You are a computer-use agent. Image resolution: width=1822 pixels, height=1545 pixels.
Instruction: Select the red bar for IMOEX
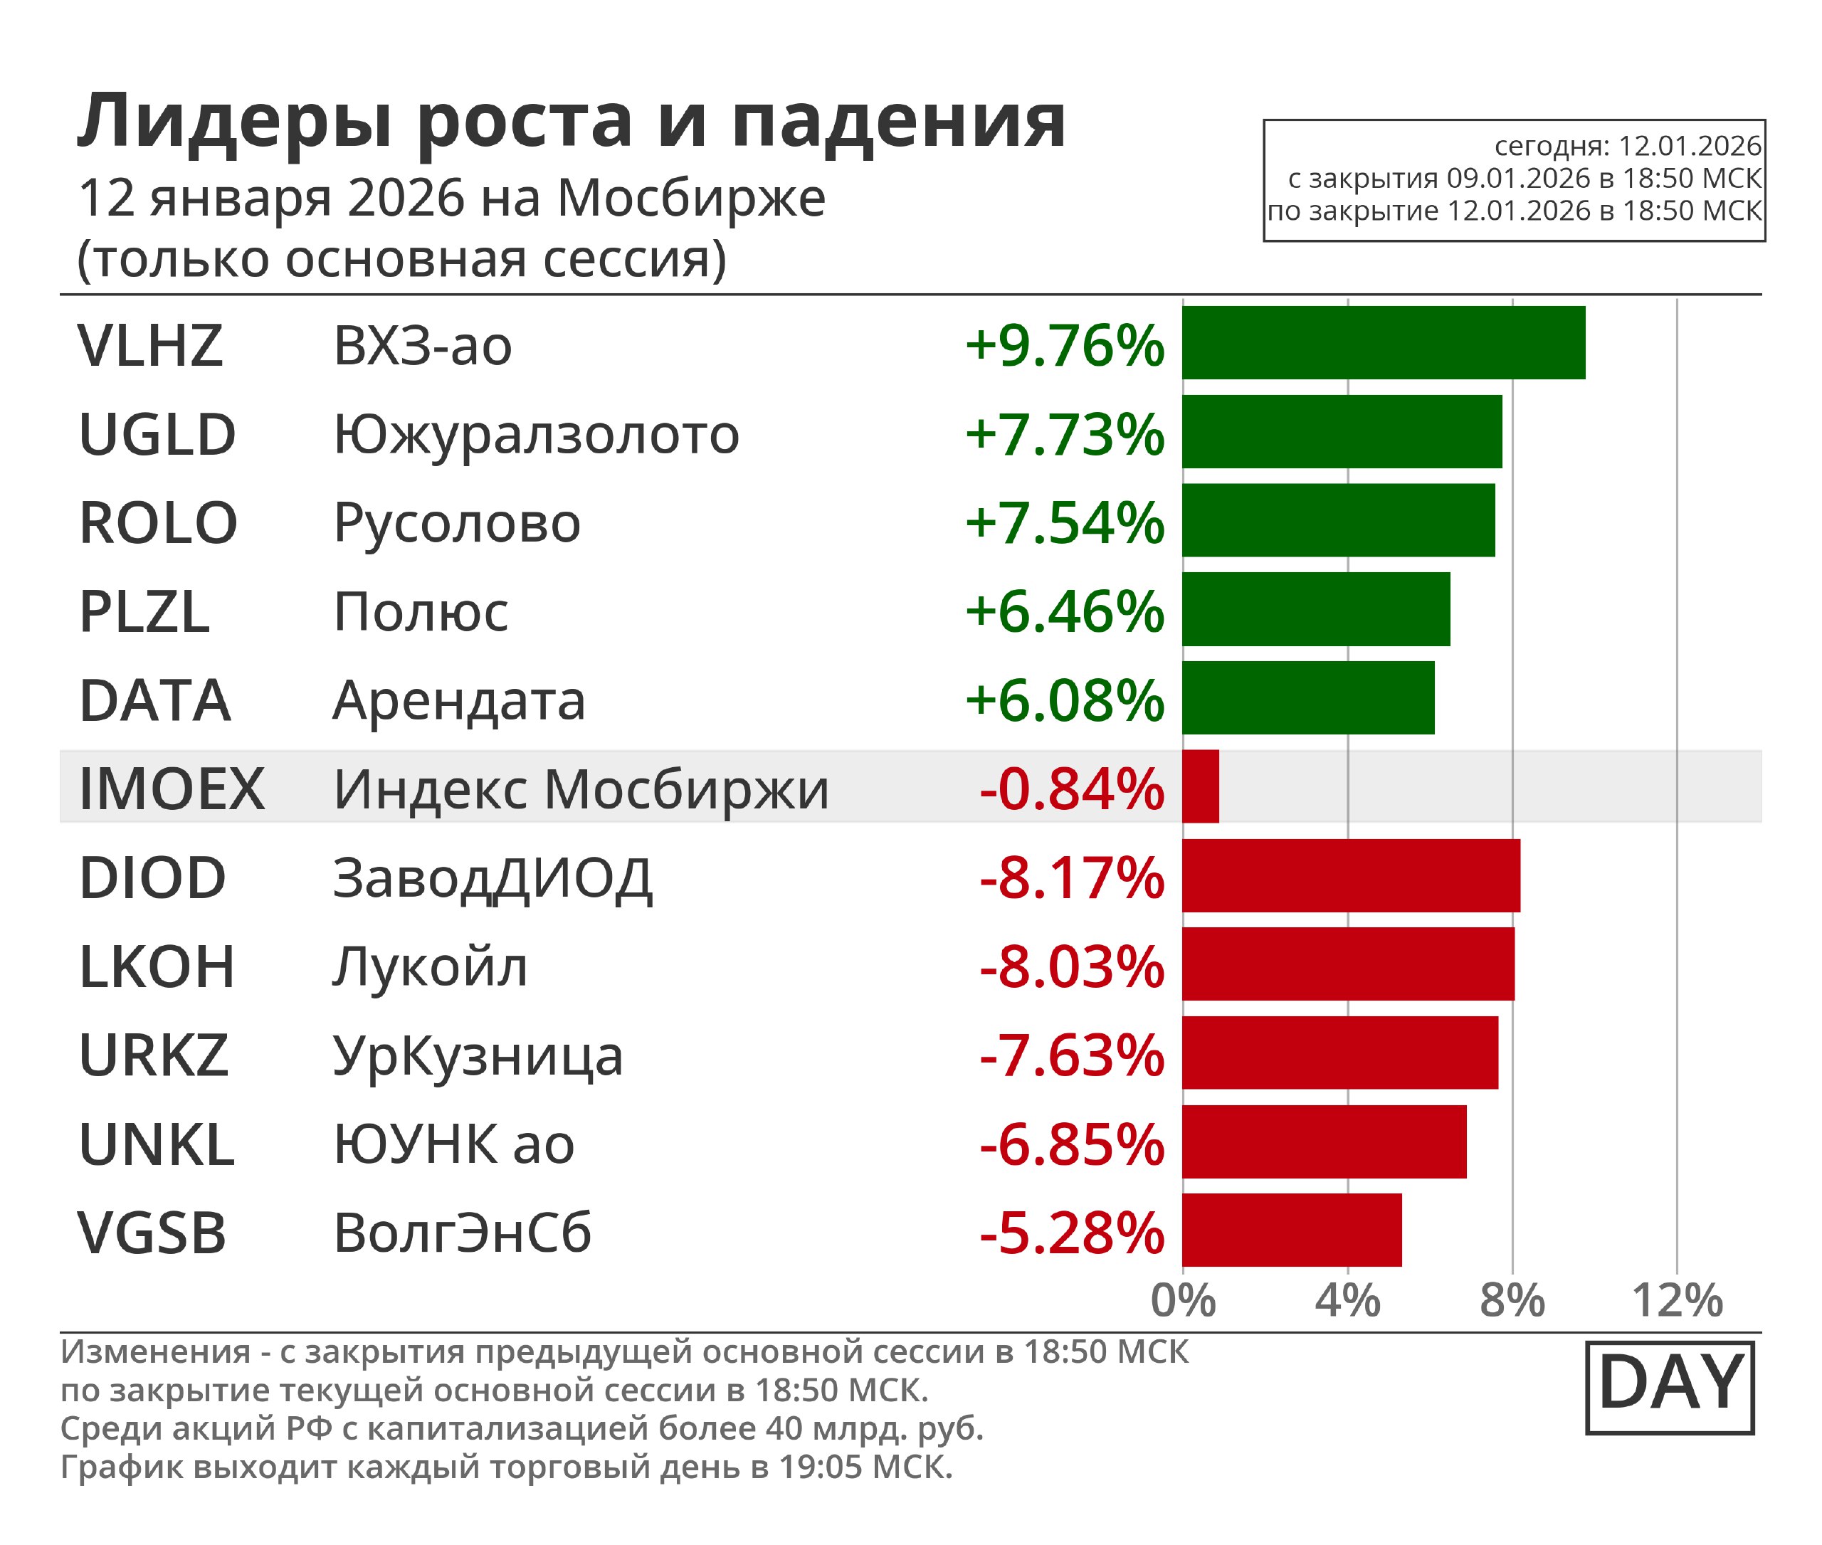pyautogui.click(x=1200, y=786)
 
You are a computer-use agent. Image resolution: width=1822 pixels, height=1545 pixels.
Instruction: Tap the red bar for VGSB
pyautogui.click(x=1291, y=1230)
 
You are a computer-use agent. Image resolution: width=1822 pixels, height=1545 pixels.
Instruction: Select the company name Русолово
pyautogui.click(x=456, y=524)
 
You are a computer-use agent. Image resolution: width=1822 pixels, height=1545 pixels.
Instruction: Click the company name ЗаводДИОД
pyautogui.click(x=493, y=878)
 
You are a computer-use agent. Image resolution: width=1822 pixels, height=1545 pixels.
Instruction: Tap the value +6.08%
pyautogui.click(x=1064, y=701)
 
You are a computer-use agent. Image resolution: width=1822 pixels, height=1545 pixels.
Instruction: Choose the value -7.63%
pyautogui.click(x=1071, y=1055)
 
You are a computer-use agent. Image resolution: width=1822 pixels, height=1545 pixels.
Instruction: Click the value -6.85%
pyautogui.click(x=1071, y=1145)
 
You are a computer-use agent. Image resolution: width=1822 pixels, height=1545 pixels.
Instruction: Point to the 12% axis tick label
pyautogui.click(x=1677, y=1301)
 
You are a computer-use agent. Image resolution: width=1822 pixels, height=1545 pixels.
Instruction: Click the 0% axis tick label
pyautogui.click(x=1183, y=1301)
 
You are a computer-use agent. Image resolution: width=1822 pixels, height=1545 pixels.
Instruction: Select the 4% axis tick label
pyautogui.click(x=1347, y=1301)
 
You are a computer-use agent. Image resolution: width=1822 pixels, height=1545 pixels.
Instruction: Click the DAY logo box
pyautogui.click(x=1670, y=1386)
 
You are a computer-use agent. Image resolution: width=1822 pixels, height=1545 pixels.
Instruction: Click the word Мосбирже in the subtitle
pyautogui.click(x=690, y=198)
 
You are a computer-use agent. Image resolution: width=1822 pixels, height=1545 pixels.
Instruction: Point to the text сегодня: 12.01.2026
pyautogui.click(x=1628, y=145)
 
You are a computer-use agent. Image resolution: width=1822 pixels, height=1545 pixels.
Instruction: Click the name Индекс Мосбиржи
pyautogui.click(x=580, y=789)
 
